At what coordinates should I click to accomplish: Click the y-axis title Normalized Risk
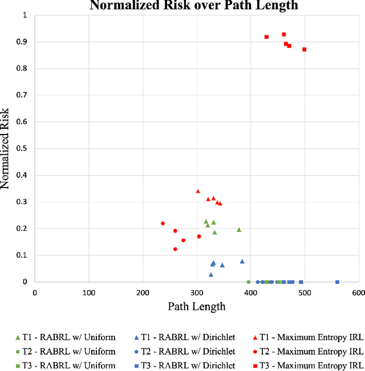tap(7, 148)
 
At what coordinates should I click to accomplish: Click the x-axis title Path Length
tap(196, 307)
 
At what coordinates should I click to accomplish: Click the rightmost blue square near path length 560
tap(337, 282)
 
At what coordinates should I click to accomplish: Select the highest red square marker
tap(283, 34)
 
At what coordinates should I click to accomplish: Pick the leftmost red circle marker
tap(163, 223)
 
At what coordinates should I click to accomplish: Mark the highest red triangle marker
tap(198, 191)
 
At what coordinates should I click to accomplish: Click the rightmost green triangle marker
tap(239, 230)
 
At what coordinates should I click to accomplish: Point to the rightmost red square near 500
tap(304, 50)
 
